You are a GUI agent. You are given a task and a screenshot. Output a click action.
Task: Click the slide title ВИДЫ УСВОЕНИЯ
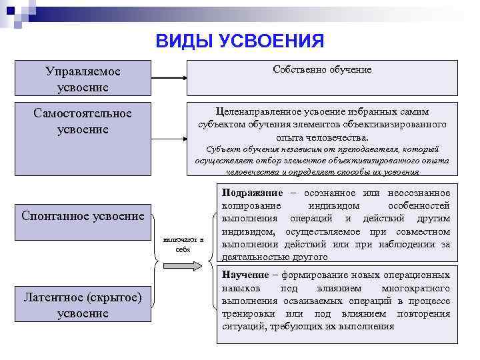[239, 42]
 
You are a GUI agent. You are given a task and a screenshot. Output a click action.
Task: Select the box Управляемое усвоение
[83, 78]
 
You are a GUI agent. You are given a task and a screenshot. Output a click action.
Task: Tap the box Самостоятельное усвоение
[83, 121]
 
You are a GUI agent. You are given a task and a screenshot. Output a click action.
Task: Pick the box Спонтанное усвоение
[83, 216]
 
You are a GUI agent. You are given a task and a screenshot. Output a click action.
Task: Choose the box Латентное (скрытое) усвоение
[83, 305]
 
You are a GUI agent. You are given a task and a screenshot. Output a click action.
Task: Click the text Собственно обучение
[322, 69]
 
